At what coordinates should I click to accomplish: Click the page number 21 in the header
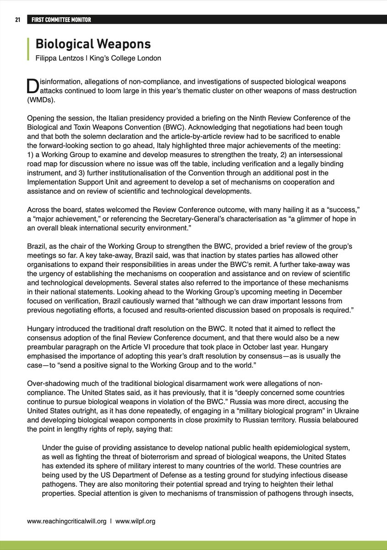click(x=18, y=20)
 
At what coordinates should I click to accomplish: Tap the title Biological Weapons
click(x=93, y=44)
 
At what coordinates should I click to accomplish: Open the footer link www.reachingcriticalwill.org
click(x=67, y=521)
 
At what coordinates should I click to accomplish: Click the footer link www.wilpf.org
click(x=135, y=521)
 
